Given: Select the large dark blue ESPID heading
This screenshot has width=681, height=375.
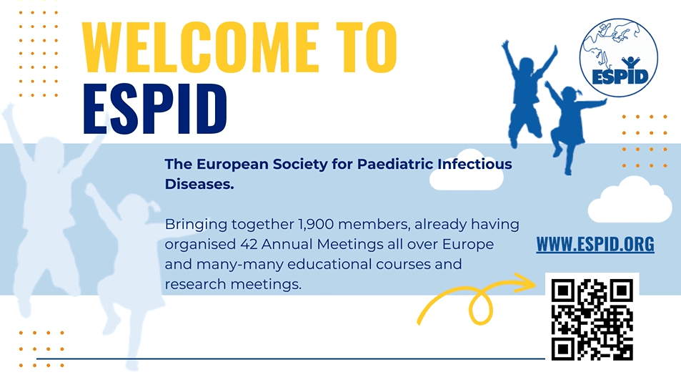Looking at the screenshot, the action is [x=154, y=109].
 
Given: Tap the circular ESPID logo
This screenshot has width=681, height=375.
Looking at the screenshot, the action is [x=618, y=57].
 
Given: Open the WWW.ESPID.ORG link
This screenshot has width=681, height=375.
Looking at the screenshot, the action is [x=595, y=244].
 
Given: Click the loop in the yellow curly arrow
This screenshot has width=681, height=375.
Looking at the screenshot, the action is [x=480, y=307].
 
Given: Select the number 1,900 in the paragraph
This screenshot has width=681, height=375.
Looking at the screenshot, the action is [x=316, y=225].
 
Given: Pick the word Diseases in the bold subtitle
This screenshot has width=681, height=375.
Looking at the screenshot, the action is [x=199, y=184].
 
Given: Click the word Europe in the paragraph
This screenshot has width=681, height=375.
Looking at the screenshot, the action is [x=468, y=245].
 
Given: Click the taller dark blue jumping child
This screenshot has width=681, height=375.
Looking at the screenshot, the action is [x=527, y=94].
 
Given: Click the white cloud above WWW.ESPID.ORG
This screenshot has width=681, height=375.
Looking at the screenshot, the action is [x=630, y=200].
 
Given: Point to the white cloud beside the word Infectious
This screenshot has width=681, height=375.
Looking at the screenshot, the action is [x=467, y=170].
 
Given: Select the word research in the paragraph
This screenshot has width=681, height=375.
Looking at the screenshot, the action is [x=196, y=285].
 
